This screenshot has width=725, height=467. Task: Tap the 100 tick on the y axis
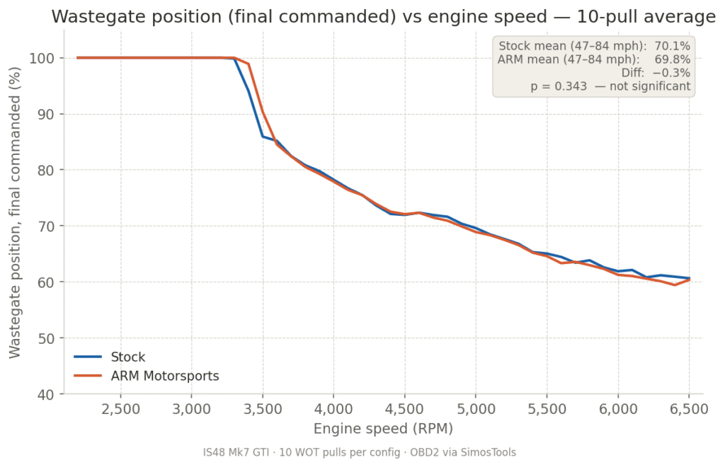tap(45, 58)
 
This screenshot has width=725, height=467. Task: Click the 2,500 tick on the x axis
tap(120, 410)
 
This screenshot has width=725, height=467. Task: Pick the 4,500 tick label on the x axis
tap(404, 410)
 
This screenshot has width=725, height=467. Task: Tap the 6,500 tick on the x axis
tap(689, 410)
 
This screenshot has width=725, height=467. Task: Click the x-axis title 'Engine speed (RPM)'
tap(383, 429)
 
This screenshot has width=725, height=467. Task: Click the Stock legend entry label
tap(128, 357)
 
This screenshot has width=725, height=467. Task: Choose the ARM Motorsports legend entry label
tap(165, 376)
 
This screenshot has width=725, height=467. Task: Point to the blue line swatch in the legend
tap(88, 357)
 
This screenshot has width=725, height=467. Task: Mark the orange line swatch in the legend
tap(88, 376)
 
